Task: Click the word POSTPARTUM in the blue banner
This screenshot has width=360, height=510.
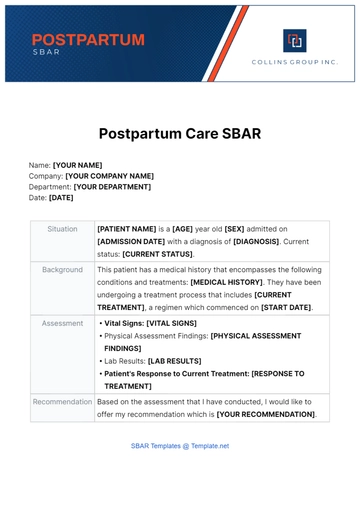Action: click(88, 40)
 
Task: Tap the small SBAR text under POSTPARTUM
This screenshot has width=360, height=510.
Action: click(46, 52)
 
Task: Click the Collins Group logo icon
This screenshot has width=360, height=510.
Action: click(295, 41)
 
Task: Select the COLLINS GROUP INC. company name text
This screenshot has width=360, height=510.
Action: click(295, 62)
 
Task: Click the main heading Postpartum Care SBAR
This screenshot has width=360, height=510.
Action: click(180, 132)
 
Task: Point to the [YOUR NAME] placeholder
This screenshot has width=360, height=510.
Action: click(78, 165)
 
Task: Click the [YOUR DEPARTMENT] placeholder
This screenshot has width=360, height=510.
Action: click(112, 187)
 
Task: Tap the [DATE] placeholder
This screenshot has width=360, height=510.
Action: click(61, 198)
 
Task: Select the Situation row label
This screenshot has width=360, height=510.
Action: click(62, 229)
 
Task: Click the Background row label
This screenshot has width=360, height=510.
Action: click(62, 270)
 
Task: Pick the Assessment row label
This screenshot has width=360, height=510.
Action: click(62, 324)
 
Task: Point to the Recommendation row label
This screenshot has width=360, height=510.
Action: click(62, 401)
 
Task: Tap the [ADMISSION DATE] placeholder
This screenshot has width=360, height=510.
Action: click(136, 242)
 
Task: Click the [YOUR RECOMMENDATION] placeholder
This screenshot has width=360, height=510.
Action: click(266, 414)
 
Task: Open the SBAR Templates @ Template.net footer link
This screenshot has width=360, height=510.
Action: click(180, 446)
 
